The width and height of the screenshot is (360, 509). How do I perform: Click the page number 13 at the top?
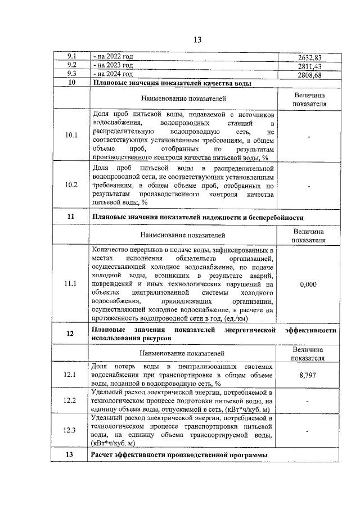(197, 39)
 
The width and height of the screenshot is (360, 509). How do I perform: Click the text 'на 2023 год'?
(113, 66)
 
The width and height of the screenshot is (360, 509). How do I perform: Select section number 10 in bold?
(71, 83)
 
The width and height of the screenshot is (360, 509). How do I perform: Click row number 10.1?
(71, 136)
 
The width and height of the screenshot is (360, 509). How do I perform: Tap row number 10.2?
(71, 185)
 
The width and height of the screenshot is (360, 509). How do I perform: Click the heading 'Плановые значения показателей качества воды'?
(171, 83)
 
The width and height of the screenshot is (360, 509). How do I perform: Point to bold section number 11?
(71, 217)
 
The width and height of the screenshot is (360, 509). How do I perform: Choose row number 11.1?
(71, 283)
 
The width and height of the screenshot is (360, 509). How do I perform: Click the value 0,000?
(308, 284)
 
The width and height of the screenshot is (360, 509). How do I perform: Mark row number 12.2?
(71, 400)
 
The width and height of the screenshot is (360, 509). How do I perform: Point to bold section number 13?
(71, 454)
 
